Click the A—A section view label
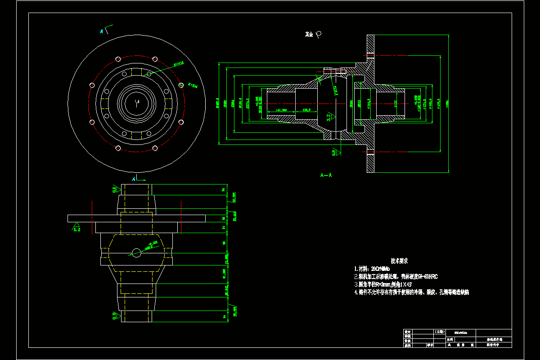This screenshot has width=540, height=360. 326,175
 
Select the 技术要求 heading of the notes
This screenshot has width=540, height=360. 399,261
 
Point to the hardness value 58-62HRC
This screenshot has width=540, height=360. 427,276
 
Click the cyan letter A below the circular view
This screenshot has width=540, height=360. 134,179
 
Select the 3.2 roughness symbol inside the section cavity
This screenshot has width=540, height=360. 328,117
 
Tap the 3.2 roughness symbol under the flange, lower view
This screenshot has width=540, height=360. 77,228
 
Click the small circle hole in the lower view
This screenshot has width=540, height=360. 137,253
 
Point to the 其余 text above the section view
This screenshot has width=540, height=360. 309,34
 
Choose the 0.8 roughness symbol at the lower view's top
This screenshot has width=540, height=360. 115,189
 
